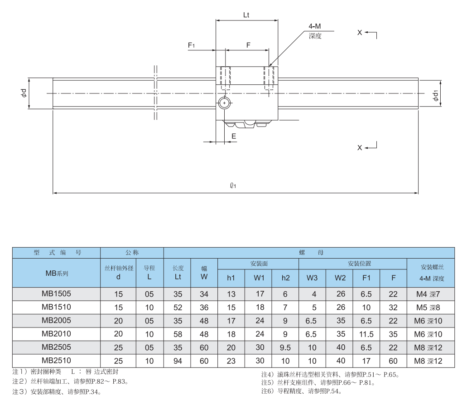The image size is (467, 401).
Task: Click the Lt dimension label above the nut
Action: (246, 15)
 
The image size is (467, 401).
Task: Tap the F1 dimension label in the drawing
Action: (192, 45)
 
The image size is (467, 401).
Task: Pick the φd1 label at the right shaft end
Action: (435, 96)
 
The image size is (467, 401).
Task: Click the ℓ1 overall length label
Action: (234, 186)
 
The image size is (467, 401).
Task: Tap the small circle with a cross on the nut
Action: (224, 103)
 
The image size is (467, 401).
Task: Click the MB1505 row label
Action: (56, 294)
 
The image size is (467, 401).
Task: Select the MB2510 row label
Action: (56, 361)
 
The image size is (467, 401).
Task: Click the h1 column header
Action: (231, 278)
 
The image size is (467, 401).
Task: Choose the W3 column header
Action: (312, 278)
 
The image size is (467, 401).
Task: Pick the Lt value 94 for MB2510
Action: (178, 361)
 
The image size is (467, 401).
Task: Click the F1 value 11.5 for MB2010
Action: (366, 334)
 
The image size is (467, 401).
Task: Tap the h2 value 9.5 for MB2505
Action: (285, 348)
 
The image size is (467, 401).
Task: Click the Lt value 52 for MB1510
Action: (178, 308)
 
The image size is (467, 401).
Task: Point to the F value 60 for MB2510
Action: (393, 361)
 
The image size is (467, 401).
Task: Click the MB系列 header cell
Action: (56, 273)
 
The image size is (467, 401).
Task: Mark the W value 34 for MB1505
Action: (204, 294)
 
